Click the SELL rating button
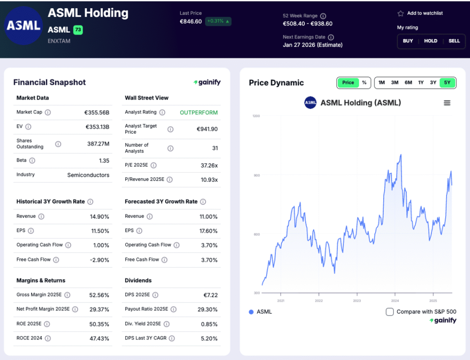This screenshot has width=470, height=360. coord(454,41)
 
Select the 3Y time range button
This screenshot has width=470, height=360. coord(433,83)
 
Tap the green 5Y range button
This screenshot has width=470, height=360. coord(447,83)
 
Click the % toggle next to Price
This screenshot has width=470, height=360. coord(364,83)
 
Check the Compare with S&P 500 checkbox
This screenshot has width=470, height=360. coord(390,312)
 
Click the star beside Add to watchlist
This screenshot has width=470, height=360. coord(400,13)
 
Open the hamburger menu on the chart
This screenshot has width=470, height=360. coord(447,103)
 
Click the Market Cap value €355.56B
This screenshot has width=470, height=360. coord(96,112)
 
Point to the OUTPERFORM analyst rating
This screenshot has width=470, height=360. coord(199,112)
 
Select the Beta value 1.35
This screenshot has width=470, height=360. coord(104,161)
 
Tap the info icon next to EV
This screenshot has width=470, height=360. coord(28,127)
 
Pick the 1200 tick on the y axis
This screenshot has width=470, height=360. coord(256,116)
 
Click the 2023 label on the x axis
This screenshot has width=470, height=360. coord(357,301)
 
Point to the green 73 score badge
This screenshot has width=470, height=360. coord(78,30)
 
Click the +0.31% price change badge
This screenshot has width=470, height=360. coord(218,21)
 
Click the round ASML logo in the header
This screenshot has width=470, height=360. coord(23,26)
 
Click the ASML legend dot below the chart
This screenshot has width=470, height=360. coord(251,312)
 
